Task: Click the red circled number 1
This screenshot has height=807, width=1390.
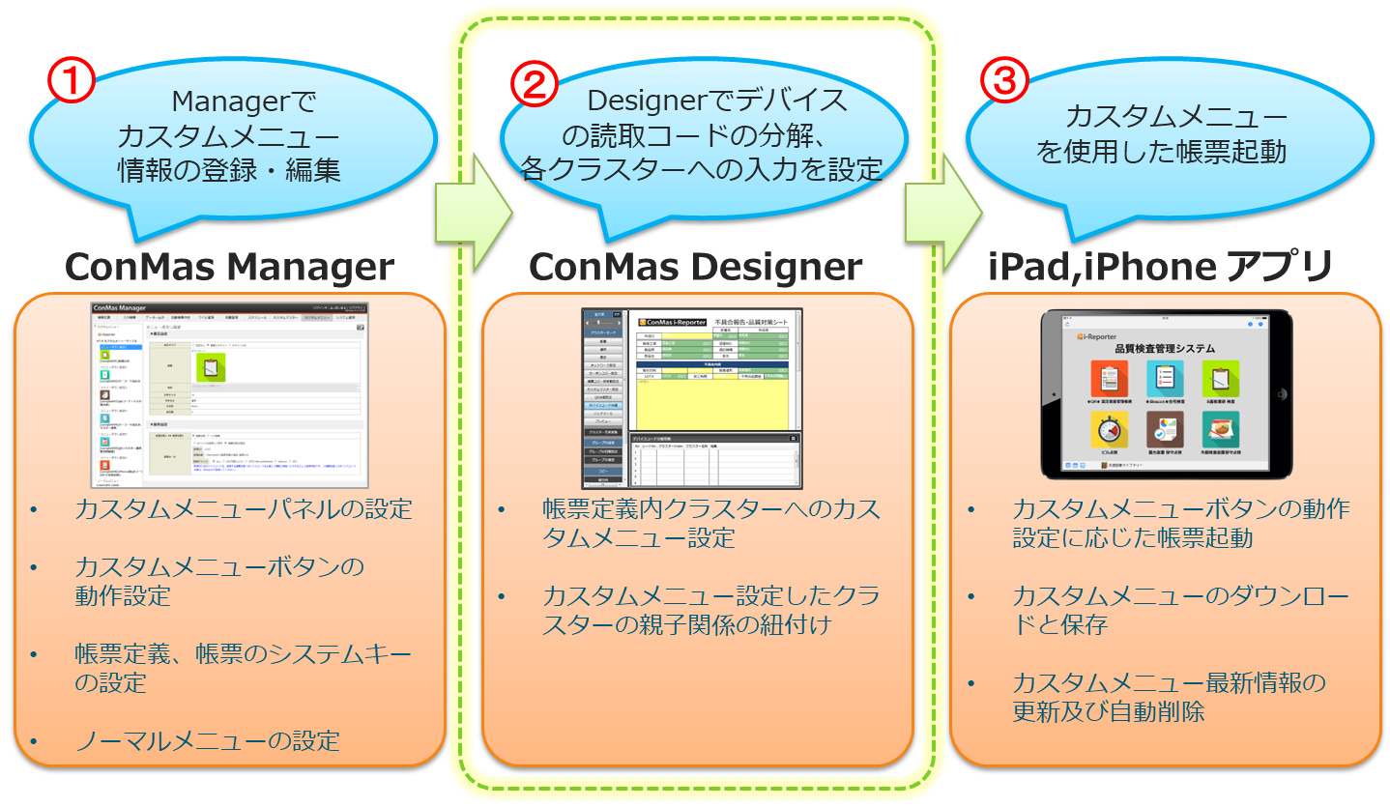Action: coord(72,82)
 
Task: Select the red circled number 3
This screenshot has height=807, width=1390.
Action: coord(1004,82)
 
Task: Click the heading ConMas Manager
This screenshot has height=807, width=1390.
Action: coord(230,268)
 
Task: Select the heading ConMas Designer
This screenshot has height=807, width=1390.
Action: coord(696,268)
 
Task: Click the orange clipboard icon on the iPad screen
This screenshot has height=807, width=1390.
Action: coord(1109,380)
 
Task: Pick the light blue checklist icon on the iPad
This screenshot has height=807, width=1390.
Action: coord(1165,380)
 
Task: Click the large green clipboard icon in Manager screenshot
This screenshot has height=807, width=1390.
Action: coord(211,367)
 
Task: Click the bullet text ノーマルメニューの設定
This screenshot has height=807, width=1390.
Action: coord(208,741)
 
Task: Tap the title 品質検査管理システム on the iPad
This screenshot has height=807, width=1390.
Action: coord(1165,348)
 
